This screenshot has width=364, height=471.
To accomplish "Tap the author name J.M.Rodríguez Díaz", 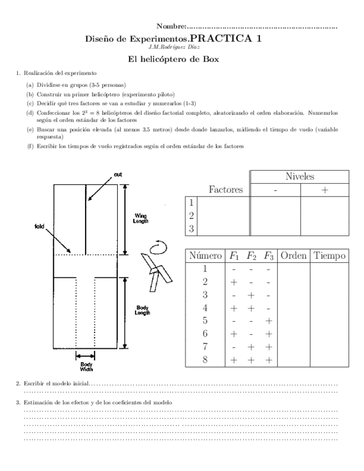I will coord(182,47).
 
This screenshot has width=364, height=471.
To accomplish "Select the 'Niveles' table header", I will coord(300,177).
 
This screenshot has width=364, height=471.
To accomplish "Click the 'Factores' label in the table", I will coord(226,190).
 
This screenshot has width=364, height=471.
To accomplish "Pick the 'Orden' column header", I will coord(293,256).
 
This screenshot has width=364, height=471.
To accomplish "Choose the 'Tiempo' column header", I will coord(330,256).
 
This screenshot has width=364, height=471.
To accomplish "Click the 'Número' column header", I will coord(205,256).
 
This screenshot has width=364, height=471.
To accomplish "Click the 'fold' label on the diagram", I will coord(39,226).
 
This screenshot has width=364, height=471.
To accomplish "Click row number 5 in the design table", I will coord(205,320).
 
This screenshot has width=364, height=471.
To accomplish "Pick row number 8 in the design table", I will coord(205,359).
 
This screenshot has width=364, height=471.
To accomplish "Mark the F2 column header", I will coord(252,256).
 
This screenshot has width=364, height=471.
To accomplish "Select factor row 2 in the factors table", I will coord(191,216).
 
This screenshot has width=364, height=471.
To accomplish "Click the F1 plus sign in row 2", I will coord(234,282).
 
